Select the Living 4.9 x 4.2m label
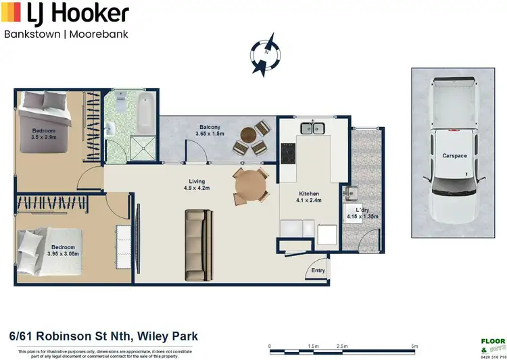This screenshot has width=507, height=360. click(197, 185)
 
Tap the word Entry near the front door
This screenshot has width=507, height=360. click(318, 271)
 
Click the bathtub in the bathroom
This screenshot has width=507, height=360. click(144, 114)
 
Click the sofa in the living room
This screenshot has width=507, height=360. click(199, 245)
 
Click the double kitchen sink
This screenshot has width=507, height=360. click(313, 127)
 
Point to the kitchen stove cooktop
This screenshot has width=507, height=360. click(288, 155)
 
